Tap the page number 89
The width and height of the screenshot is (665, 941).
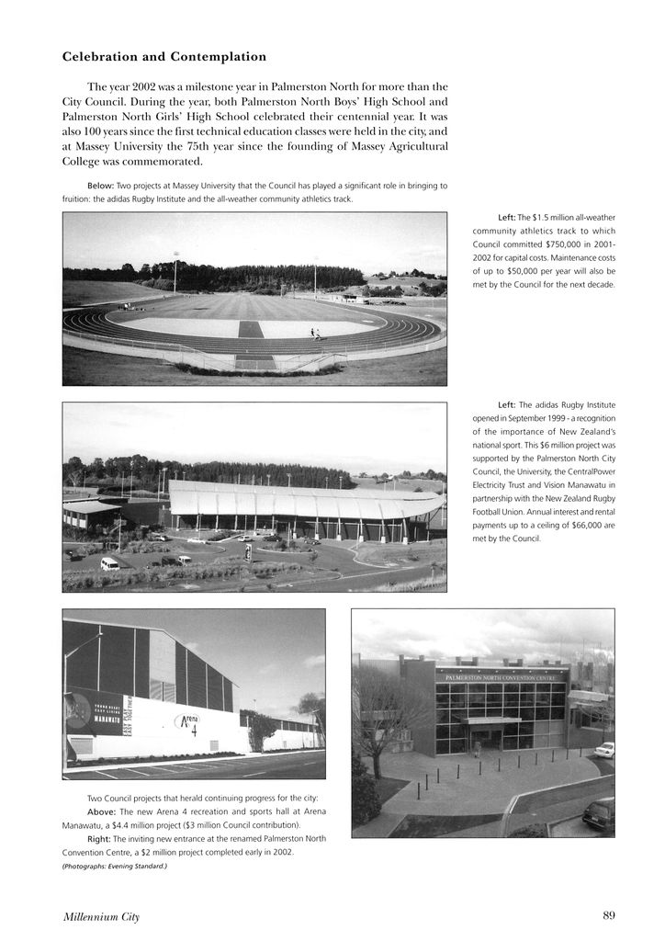coord(609,915)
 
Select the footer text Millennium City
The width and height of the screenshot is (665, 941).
coord(101,916)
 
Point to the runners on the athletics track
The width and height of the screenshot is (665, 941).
coord(315,334)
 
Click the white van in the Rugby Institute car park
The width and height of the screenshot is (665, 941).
coord(110,563)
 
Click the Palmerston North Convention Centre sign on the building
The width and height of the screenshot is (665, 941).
coord(501,677)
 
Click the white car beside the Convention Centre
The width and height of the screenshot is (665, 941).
coord(603,750)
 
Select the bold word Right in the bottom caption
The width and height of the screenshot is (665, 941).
coord(99,839)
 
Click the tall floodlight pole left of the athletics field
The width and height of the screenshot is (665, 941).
coord(175,272)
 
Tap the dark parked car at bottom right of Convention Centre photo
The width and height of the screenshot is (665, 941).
coord(598,813)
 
